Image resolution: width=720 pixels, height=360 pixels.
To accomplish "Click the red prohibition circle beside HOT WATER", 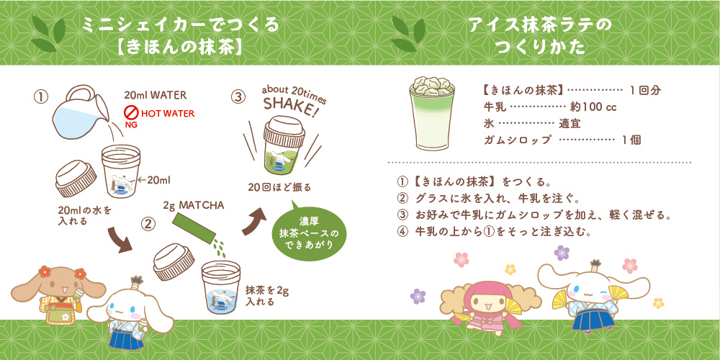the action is [132, 113].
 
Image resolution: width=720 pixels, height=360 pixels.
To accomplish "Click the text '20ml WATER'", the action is [156, 96].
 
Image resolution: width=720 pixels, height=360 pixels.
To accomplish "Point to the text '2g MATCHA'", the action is [194, 204].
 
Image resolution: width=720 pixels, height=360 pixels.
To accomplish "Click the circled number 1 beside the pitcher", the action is [41, 97].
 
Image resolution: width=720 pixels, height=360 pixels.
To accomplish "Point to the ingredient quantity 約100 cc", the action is [593, 107].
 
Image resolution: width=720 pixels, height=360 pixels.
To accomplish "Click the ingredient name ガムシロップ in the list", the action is [516, 140].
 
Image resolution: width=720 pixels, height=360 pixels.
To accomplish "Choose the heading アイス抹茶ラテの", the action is [540, 26].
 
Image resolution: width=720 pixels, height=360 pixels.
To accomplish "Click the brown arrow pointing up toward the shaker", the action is [254, 221].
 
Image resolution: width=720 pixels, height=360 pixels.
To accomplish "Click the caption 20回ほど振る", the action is [279, 187].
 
